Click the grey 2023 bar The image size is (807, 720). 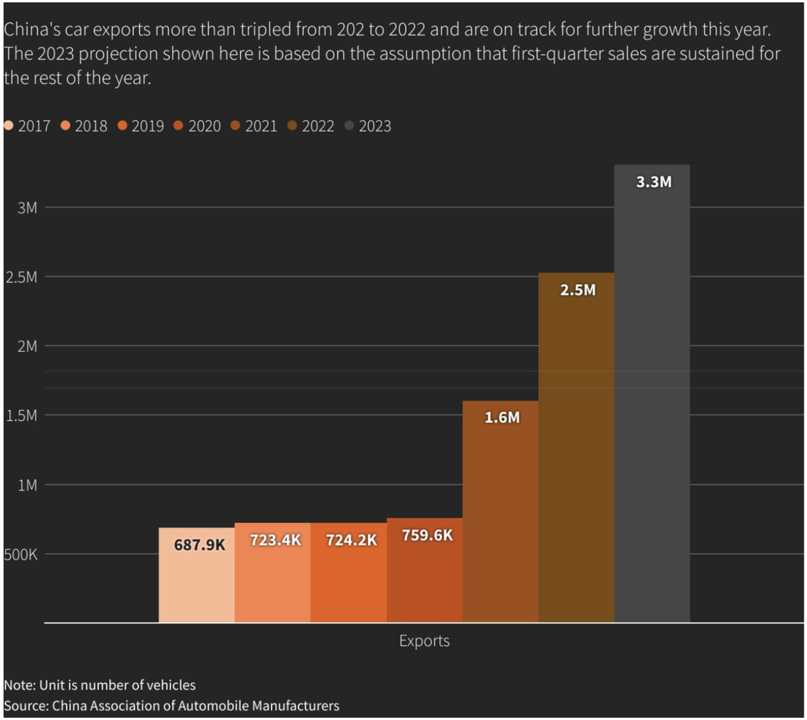point(652,404)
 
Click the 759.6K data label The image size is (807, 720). point(427,536)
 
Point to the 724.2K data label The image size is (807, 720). point(351,540)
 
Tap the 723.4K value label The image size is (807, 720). point(275,540)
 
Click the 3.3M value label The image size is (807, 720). point(653,182)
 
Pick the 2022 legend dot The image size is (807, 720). point(292,126)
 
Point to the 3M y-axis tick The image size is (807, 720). point(28,208)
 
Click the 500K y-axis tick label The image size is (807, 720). point(21,555)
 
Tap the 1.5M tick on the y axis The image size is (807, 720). point(22,416)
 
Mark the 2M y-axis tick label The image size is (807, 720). point(28,347)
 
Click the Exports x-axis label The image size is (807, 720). point(424,641)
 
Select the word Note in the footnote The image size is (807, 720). point(18,685)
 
